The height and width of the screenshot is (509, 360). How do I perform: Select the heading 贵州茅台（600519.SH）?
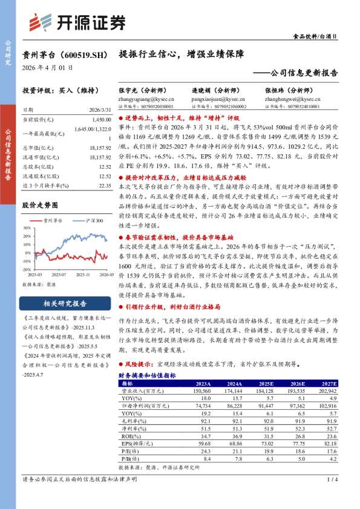pyautogui.click(x=66, y=54)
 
